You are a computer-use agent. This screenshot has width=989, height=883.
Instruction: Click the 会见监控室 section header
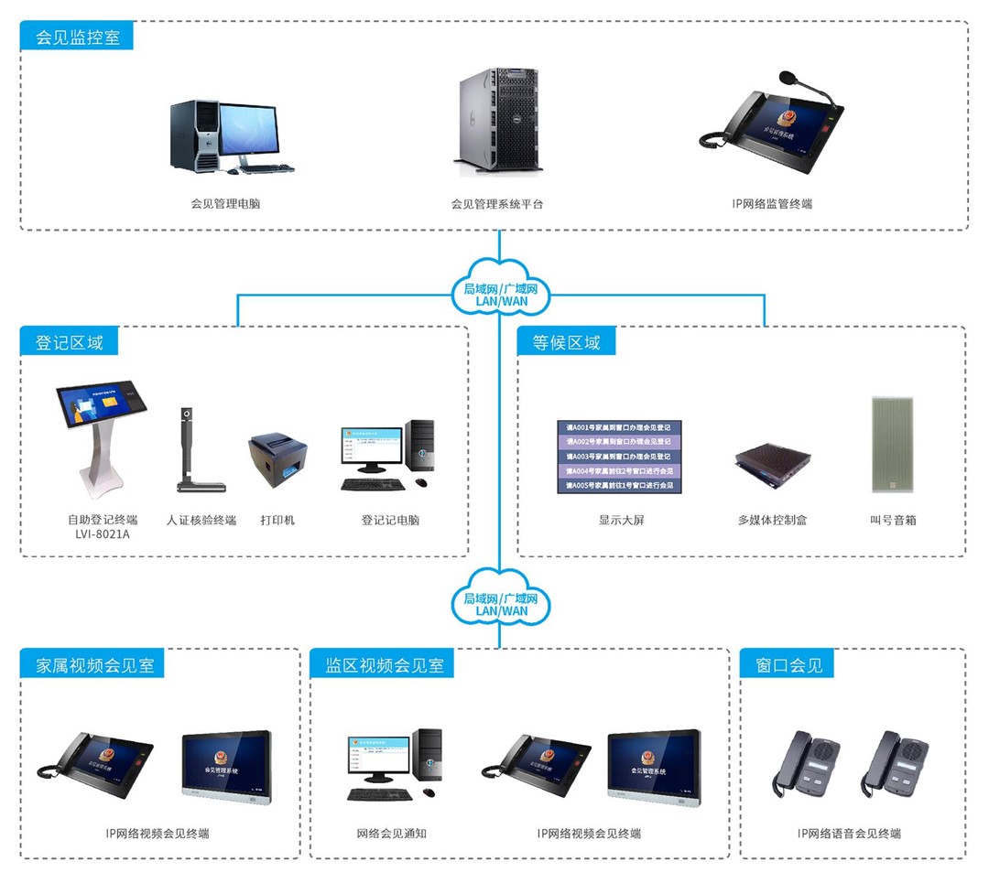coord(77,38)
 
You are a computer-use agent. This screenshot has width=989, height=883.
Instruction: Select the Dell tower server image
coord(502,122)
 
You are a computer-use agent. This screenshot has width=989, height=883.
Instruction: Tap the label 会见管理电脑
coord(225,203)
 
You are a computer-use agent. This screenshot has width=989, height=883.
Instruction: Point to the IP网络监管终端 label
coord(771,203)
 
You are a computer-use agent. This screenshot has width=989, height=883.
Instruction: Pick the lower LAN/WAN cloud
coord(501,604)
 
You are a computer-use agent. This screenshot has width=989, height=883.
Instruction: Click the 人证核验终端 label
coord(201,520)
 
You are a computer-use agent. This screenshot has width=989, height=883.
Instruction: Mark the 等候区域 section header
coord(567,343)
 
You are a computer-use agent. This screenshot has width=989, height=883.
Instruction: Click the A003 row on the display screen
coord(620,456)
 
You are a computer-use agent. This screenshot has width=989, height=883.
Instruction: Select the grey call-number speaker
coord(892,447)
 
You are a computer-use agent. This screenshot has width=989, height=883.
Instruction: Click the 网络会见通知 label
coord(391,834)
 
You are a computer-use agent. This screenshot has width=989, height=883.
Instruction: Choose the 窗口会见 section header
coord(789,665)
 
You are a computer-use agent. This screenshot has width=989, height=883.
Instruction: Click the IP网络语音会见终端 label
coord(849,834)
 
